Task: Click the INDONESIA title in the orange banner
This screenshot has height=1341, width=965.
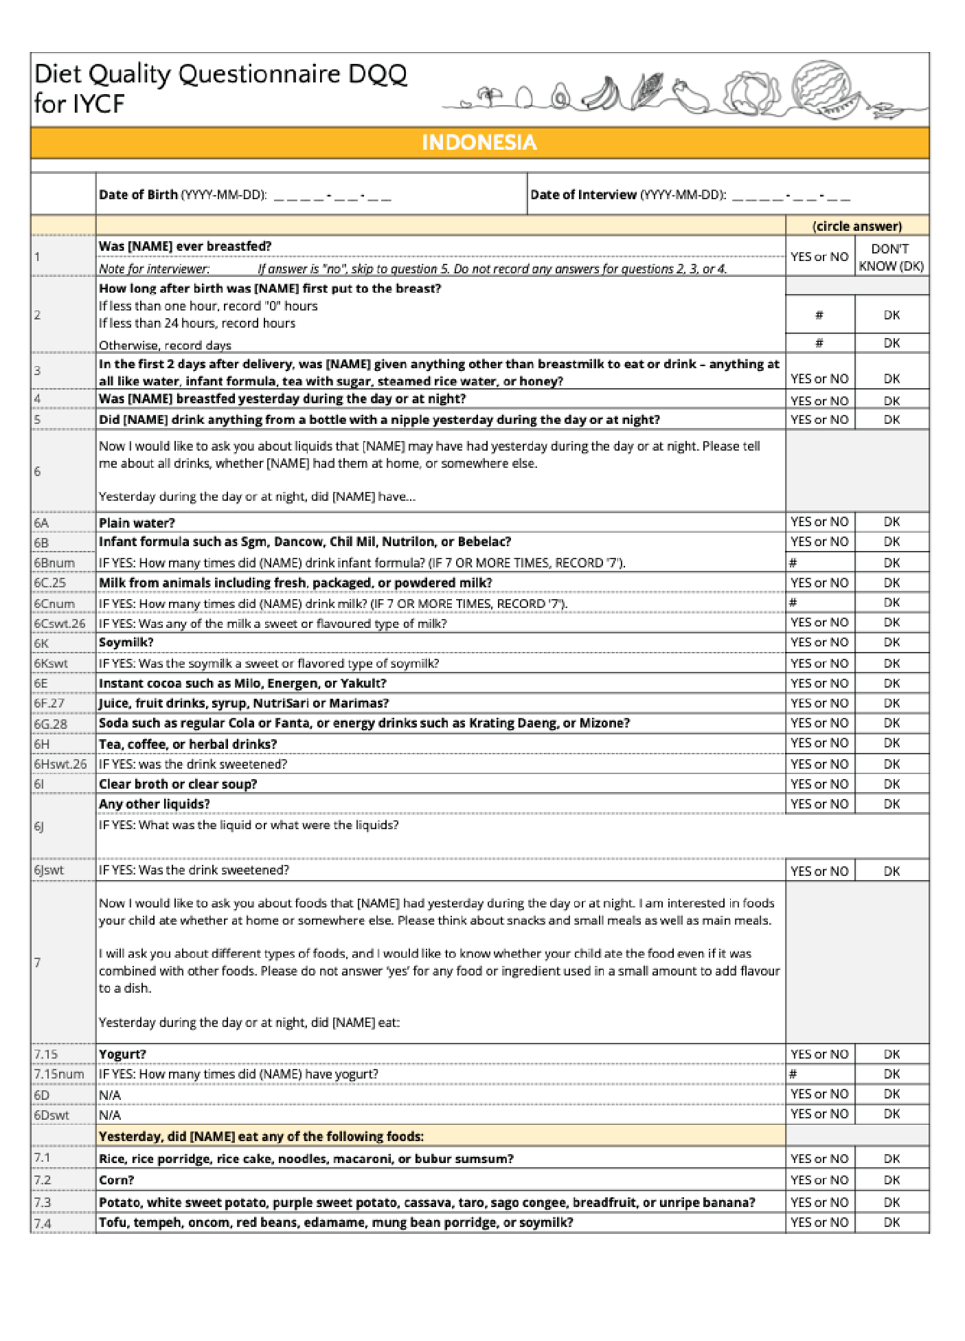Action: tap(479, 142)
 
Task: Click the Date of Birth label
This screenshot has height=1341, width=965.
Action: tap(138, 194)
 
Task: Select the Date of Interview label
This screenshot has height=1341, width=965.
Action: tap(583, 194)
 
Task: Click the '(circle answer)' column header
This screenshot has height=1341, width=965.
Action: tap(856, 226)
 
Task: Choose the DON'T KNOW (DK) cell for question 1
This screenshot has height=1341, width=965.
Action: tap(891, 257)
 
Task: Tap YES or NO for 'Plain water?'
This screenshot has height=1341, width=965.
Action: tap(819, 521)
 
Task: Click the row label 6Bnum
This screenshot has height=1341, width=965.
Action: tap(54, 563)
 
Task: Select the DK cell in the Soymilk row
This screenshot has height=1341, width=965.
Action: tap(892, 642)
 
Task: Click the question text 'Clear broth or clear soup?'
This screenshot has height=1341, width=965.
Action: tap(178, 784)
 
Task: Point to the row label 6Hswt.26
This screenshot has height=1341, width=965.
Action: tap(60, 764)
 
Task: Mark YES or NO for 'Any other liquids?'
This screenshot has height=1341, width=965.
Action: tap(819, 804)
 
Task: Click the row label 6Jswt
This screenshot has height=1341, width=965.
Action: tap(49, 870)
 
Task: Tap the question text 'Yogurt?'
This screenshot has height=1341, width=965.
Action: tap(122, 1054)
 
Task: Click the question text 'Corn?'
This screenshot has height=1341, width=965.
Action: tap(116, 1180)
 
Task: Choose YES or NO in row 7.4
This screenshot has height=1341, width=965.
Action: tap(819, 1222)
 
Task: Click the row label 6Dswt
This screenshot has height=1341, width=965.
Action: tap(52, 1114)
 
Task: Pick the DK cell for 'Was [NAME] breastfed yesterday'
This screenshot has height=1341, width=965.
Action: tap(892, 401)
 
